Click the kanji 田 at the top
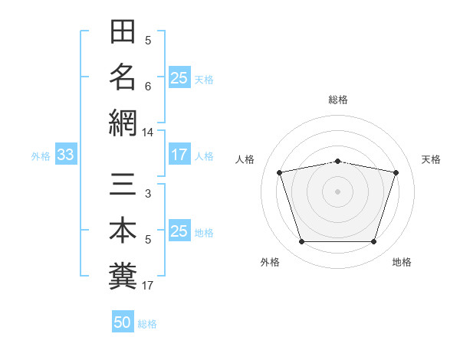(x=123, y=31)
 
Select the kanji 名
(x=123, y=77)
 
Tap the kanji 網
(x=123, y=123)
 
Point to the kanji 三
(x=123, y=184)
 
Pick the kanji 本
(x=123, y=230)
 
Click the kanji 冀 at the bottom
(x=123, y=276)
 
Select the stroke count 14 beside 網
(x=147, y=133)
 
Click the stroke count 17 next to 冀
(x=147, y=286)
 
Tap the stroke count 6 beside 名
(x=148, y=87)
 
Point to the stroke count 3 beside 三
(x=148, y=194)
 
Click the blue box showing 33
(x=66, y=154)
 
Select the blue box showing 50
(x=123, y=321)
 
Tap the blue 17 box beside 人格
(x=179, y=154)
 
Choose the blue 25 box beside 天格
(x=179, y=77)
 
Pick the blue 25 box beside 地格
(x=179, y=230)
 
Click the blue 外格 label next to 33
(x=41, y=156)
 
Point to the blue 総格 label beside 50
(x=147, y=324)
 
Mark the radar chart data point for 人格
(x=279, y=172)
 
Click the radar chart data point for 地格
(x=374, y=242)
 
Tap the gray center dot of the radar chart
(x=337, y=191)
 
